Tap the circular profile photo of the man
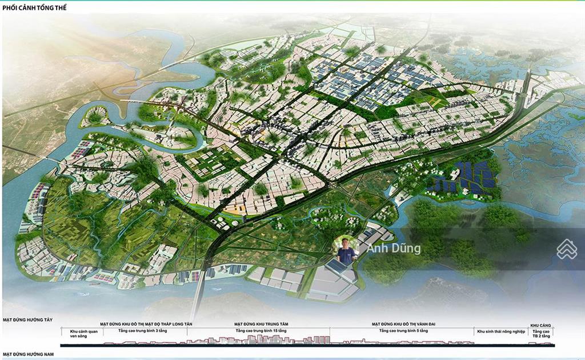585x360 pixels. pos(345,250)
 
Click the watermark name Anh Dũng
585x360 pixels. pos(394,249)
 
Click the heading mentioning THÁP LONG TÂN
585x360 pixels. pos(146,324)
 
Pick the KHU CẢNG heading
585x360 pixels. pos(540,324)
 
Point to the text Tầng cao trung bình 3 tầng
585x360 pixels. pos(138,331)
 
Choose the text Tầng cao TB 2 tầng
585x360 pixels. pos(540,334)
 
